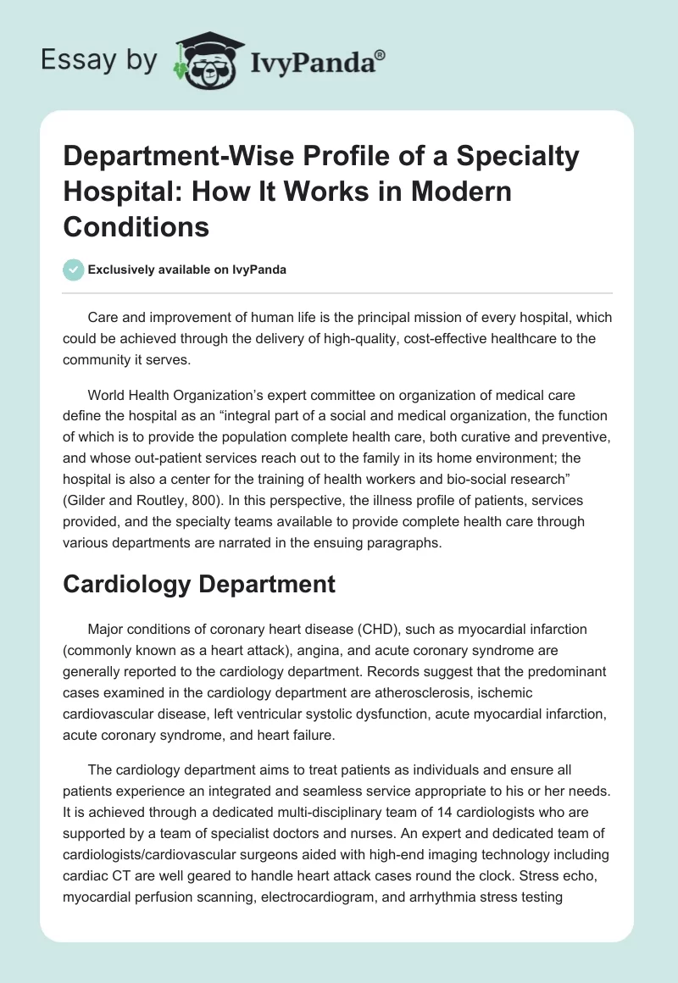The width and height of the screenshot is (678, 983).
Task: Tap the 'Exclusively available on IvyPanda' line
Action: click(186, 269)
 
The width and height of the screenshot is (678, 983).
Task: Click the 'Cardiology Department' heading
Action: click(199, 584)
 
